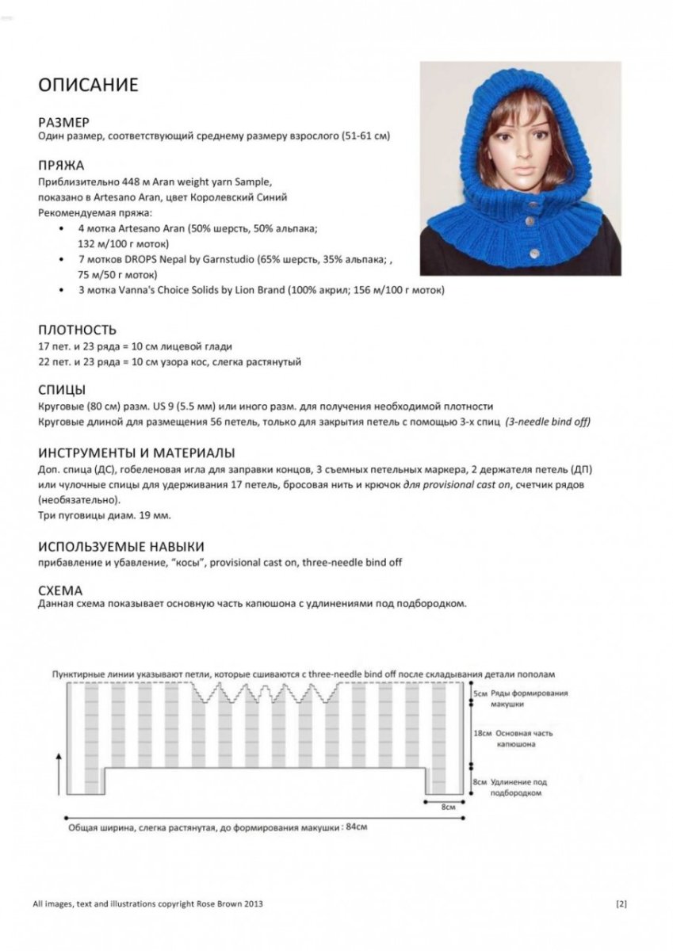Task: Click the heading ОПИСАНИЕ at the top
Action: (88, 85)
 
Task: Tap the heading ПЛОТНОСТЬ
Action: (78, 330)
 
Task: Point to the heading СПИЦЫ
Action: (63, 390)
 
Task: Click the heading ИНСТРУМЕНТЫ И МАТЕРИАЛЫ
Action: (136, 453)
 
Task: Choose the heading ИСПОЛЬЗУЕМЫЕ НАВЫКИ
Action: (121, 546)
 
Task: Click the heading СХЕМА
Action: (60, 590)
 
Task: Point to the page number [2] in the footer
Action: (621, 903)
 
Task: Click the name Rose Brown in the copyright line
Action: (224, 903)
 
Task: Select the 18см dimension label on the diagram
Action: (481, 734)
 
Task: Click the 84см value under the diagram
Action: (357, 827)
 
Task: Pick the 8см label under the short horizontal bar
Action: (448, 807)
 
